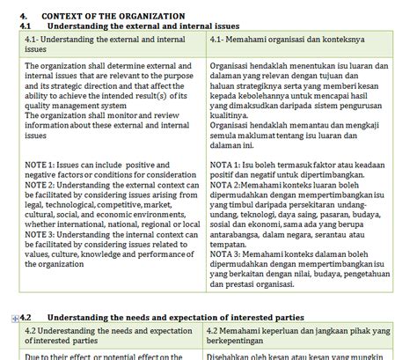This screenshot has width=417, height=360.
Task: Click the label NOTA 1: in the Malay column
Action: click(227, 165)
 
